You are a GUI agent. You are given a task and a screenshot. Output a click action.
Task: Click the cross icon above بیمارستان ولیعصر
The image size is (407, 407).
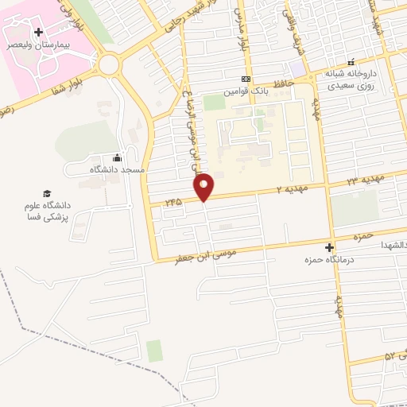38,32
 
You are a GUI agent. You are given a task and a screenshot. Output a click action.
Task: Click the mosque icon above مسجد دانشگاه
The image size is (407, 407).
118,157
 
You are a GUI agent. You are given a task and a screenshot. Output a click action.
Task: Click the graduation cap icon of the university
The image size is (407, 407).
47,194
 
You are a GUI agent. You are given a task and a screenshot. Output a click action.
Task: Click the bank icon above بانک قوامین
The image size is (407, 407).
246,79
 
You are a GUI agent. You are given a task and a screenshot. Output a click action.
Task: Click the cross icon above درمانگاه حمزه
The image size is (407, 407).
329,247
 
